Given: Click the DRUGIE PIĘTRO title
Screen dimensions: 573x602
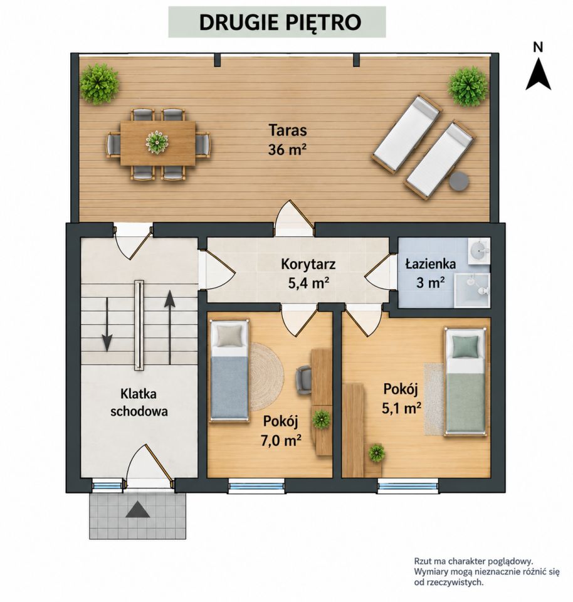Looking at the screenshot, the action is point(280,23).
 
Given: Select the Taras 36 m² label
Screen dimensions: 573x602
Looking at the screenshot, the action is point(288,139).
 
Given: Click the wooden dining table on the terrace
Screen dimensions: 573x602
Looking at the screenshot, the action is point(158,143).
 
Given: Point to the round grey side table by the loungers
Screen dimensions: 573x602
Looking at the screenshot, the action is point(459,181).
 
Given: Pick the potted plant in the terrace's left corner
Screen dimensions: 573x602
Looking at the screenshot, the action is point(99,83).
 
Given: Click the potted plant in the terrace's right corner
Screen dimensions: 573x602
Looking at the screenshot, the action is point(468,86).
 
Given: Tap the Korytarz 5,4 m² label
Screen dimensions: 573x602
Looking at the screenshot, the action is point(308,273).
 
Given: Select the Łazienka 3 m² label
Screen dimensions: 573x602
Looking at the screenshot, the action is point(431,273).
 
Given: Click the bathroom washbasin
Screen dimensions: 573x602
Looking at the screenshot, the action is point(478,250).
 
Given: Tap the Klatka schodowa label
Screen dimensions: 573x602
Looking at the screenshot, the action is point(139,403).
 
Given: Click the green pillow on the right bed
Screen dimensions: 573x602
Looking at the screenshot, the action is point(466,346).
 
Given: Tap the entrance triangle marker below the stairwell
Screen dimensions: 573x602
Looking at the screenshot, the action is point(138,510).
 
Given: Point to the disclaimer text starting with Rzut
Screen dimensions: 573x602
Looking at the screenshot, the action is point(486,572).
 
